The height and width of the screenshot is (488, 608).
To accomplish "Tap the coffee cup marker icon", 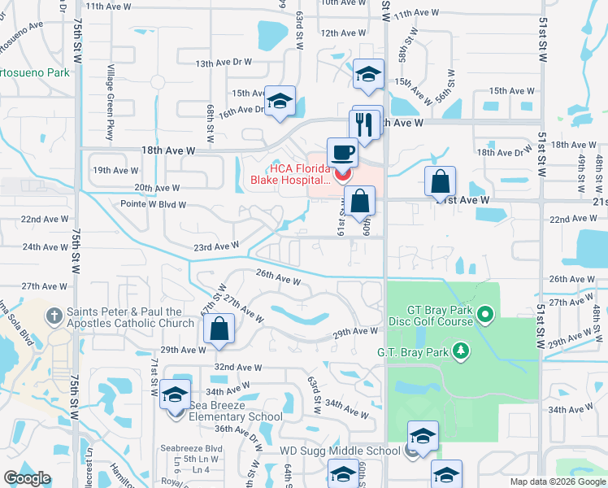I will click(x=342, y=152).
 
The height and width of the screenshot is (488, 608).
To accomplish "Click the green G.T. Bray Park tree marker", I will click(x=462, y=351).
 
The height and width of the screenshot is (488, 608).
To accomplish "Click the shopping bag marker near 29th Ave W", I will click(x=219, y=329).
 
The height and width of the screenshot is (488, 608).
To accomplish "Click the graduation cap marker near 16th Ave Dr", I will click(x=280, y=102).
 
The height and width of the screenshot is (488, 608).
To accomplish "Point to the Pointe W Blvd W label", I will click(x=154, y=205).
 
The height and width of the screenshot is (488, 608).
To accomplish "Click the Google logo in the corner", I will click(x=27, y=478).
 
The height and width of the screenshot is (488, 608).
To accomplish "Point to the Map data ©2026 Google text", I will click(x=558, y=481).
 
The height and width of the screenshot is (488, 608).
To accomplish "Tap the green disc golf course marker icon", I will click(x=486, y=313).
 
